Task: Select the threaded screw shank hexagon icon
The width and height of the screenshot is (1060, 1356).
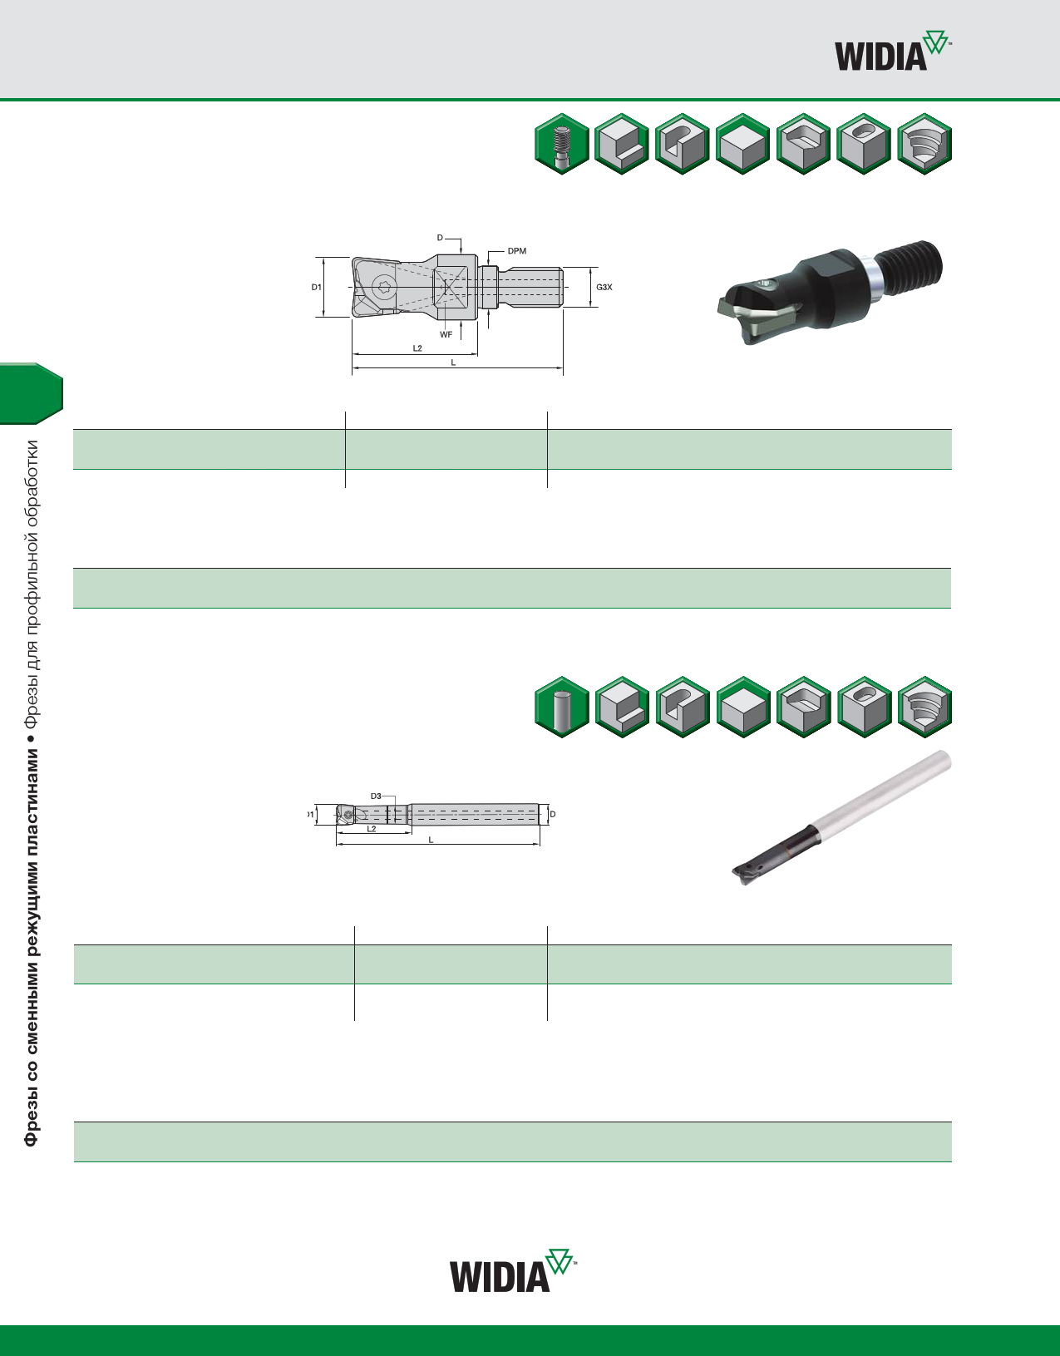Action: [x=562, y=144]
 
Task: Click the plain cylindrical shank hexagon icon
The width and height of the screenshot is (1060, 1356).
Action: [x=562, y=707]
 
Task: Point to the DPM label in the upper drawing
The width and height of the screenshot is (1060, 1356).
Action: [x=517, y=251]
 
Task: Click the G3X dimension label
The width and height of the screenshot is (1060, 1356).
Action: [x=604, y=287]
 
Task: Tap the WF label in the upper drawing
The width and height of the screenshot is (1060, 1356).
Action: [x=446, y=334]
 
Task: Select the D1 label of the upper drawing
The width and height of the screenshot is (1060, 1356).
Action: [x=317, y=287]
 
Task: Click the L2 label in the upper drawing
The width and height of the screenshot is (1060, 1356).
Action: [x=417, y=348]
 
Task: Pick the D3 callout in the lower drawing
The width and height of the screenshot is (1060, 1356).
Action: [x=376, y=796]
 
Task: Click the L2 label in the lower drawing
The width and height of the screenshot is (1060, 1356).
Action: [x=372, y=829]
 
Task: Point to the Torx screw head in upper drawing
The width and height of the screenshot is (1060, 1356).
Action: [x=383, y=288]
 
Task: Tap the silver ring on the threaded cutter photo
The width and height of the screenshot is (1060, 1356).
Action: [x=872, y=279]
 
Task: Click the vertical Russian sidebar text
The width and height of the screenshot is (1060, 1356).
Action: [x=31, y=793]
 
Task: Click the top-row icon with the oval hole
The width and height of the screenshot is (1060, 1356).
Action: [x=864, y=144]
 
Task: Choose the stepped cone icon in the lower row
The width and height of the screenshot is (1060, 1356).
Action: [x=924, y=707]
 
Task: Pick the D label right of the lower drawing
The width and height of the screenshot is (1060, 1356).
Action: [x=553, y=814]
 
